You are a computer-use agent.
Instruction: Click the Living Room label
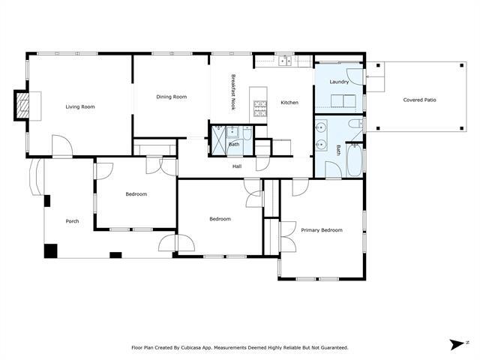(80, 106)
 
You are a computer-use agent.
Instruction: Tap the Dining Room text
(171, 97)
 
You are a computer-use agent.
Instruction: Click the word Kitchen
(290, 102)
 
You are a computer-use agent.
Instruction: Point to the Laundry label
(339, 82)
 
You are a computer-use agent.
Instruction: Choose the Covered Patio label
(419, 100)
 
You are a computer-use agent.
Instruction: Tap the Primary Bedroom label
(321, 230)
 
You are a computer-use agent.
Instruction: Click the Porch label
(72, 221)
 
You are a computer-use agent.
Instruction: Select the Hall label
(237, 166)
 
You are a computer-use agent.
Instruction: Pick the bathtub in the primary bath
(353, 160)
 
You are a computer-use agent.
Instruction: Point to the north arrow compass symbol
(455, 344)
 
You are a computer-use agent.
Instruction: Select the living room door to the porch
(61, 145)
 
